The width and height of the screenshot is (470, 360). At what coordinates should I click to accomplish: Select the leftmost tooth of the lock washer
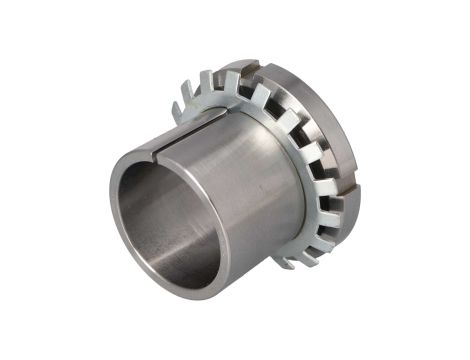point(177,108)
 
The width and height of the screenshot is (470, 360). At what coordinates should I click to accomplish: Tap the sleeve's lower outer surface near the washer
point(260,250)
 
